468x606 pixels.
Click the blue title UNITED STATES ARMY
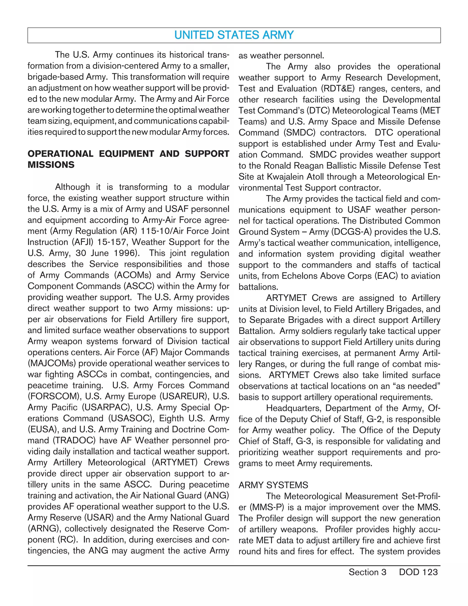point(234,35)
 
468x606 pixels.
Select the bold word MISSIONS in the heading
point(51,165)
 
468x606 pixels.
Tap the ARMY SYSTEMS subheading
point(273,485)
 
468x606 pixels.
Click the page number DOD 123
point(418,572)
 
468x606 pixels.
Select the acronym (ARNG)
point(44,528)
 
